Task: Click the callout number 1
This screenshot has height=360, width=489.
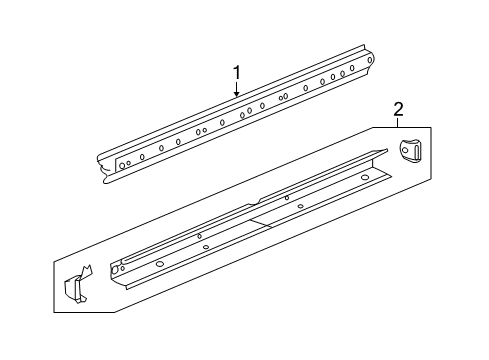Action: (x=237, y=72)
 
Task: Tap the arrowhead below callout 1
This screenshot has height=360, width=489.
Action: (x=237, y=95)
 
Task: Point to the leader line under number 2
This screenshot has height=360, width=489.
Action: (x=397, y=122)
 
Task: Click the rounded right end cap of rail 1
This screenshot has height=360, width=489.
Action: (x=371, y=61)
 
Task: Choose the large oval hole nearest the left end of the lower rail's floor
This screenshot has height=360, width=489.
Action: (x=159, y=263)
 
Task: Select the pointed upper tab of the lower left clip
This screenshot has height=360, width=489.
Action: (x=85, y=268)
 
